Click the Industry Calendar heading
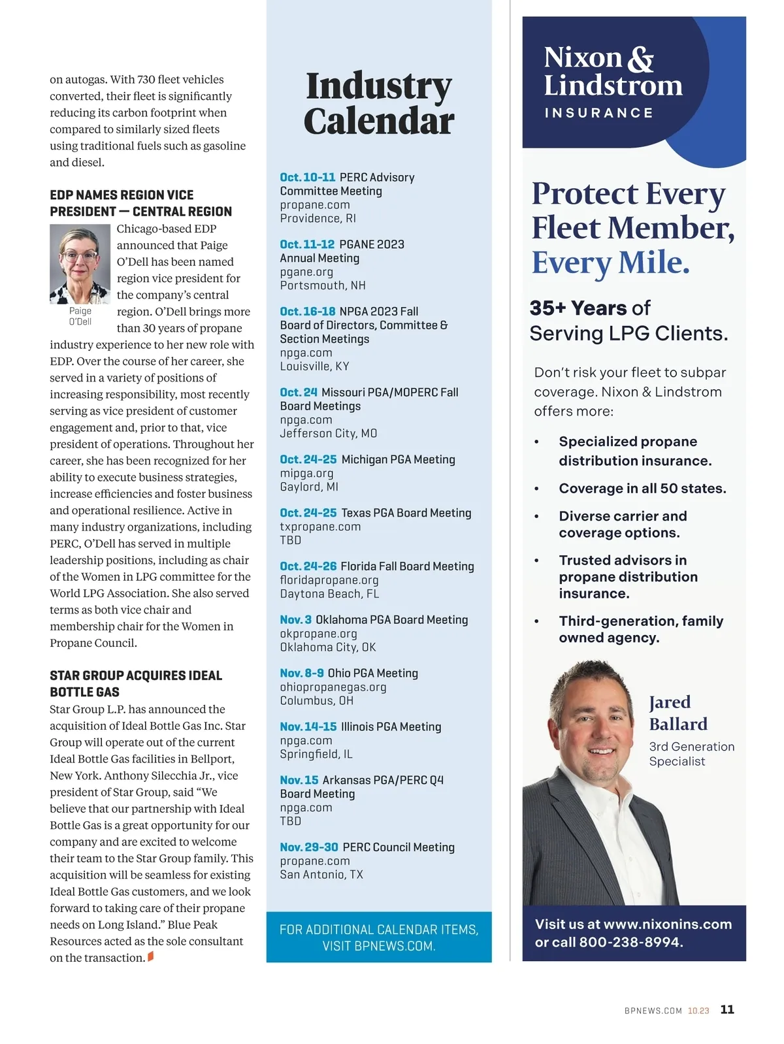[379, 103]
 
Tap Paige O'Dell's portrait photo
[80, 264]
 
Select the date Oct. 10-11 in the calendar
[307, 178]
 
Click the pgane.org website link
[306, 272]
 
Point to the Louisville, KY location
[314, 367]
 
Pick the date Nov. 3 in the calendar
[295, 620]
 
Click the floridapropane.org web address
[329, 580]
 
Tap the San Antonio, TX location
[321, 875]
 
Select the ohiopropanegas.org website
[333, 687]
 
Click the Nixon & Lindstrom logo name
[612, 71]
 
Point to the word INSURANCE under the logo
[598, 113]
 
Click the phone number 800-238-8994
[630, 942]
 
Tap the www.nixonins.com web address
[667, 924]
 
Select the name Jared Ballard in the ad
[678, 713]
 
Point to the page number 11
[727, 1010]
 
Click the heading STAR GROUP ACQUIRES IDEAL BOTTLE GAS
[136, 683]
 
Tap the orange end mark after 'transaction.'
[151, 957]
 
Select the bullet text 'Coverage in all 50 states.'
[642, 489]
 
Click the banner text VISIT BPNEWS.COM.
[379, 946]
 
